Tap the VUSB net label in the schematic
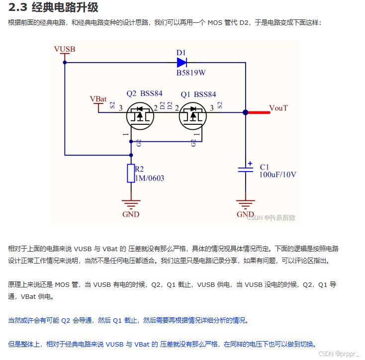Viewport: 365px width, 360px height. [x=64, y=49]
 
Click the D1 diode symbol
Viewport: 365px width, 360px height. [x=182, y=63]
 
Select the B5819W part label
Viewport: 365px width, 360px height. [x=191, y=73]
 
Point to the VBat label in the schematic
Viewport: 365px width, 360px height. [x=98, y=98]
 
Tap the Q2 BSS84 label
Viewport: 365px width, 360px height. [x=144, y=93]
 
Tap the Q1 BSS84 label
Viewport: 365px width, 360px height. [x=198, y=93]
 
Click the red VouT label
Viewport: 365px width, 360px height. [x=278, y=107]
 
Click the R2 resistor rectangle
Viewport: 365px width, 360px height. [x=131, y=173]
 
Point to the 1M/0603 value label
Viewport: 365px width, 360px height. [x=149, y=178]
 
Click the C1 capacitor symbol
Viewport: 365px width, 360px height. [x=246, y=170]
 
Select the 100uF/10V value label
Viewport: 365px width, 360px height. [x=278, y=174]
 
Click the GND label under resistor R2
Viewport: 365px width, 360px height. [x=131, y=214]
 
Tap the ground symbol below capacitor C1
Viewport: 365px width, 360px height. [x=246, y=204]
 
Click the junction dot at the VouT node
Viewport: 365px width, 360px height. [x=246, y=112]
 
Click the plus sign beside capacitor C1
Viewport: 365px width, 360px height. [x=250, y=163]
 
